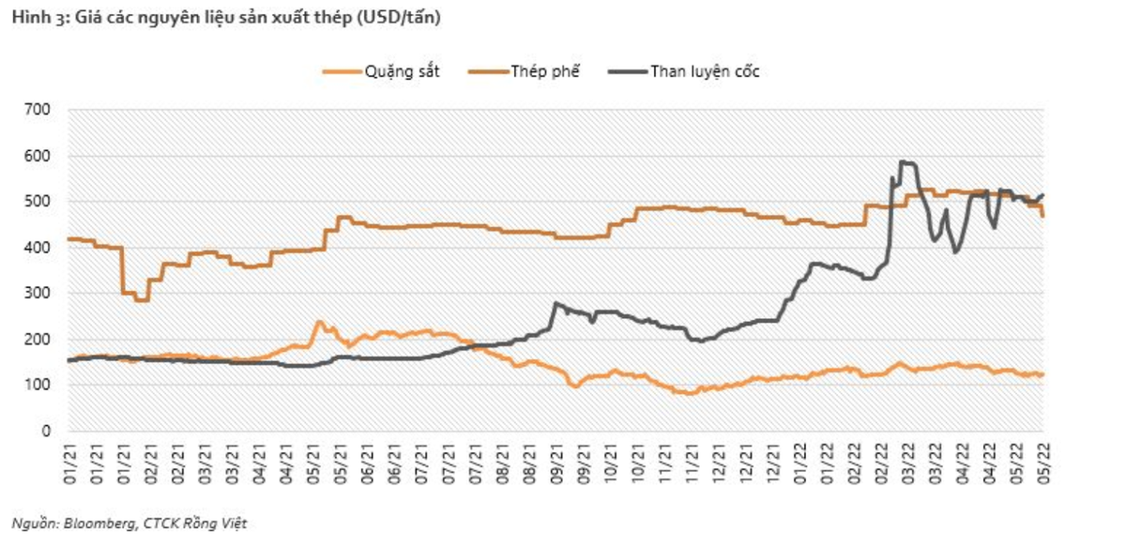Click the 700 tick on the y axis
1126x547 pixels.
(x=39, y=110)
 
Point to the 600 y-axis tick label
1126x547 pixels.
(x=39, y=156)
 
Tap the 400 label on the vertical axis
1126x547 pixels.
(x=39, y=248)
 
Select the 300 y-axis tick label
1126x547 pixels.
(x=39, y=294)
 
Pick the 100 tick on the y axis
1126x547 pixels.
(x=39, y=386)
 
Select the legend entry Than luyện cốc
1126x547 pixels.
(x=705, y=71)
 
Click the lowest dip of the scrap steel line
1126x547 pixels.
(x=141, y=300)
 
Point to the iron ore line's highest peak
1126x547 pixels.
(x=319, y=322)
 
